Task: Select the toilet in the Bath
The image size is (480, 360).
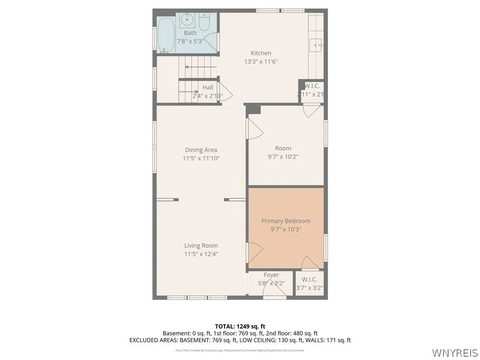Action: click(204, 22)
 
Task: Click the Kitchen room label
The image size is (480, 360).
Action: click(261, 53)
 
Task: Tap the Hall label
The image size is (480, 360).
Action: click(208, 88)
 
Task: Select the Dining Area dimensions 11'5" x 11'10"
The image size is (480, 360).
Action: click(201, 158)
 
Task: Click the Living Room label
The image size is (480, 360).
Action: click(201, 246)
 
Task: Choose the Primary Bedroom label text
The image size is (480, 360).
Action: click(285, 221)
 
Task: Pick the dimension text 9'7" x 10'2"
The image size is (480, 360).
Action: click(283, 157)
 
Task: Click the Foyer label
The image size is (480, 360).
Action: click(271, 275)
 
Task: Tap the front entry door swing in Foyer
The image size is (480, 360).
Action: click(272, 291)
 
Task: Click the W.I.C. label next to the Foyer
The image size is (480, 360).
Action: click(309, 279)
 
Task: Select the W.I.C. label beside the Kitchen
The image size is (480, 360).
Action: click(312, 86)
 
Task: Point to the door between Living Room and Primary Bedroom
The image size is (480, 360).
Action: click(254, 254)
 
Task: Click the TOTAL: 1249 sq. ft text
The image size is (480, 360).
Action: click(240, 326)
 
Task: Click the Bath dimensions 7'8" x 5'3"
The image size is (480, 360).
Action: click(190, 41)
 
